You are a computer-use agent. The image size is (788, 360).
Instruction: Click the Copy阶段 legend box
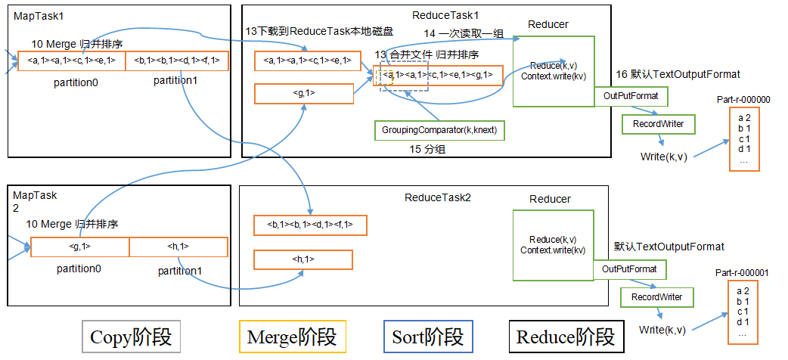[x=132, y=337]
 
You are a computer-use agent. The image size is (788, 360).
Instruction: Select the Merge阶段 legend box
[x=292, y=337]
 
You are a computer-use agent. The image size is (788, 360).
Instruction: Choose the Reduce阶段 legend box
[x=566, y=337]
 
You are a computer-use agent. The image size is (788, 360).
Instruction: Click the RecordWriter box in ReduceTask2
[x=656, y=297]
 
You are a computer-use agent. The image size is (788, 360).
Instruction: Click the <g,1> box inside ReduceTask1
[x=303, y=93]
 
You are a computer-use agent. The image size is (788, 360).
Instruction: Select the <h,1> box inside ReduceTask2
[x=303, y=259]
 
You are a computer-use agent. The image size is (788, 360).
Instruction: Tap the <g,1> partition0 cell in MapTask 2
[x=80, y=247]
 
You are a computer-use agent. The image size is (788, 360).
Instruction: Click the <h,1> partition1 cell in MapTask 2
[x=178, y=247]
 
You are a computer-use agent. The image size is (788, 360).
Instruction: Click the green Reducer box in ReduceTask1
[x=554, y=70]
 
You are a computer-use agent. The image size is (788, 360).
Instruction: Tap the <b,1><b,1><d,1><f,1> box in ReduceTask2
[x=310, y=225]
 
